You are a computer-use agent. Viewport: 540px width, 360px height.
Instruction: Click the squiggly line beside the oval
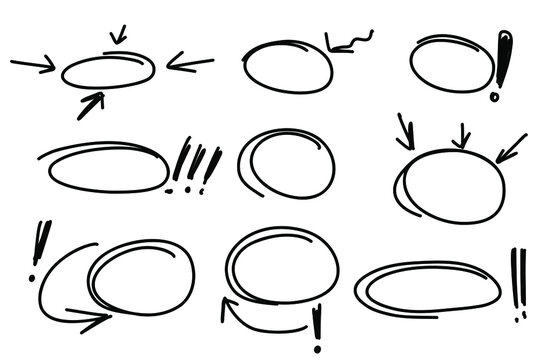pos(352,41)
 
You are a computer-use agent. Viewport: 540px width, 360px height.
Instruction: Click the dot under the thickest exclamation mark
pos(494,97)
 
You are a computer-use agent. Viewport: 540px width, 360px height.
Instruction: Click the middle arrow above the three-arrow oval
pos(461,136)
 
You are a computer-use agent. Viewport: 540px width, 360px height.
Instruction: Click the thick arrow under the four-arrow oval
pos(91,104)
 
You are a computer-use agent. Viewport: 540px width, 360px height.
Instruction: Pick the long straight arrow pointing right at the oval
pos(33,66)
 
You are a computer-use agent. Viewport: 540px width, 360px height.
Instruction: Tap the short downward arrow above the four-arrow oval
pos(118,35)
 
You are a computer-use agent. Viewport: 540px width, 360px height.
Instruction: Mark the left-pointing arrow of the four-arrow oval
pos(190,64)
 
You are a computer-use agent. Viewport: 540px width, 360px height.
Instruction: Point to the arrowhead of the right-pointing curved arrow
pos(100,318)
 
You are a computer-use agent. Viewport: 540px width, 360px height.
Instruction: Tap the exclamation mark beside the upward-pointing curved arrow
pos(318,324)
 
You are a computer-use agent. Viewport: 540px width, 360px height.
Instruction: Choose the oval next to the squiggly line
pos(288,66)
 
